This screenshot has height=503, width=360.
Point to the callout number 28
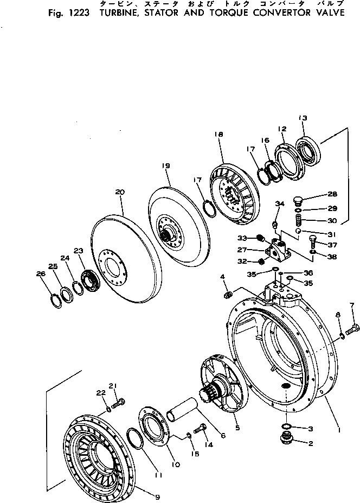(x=332, y=194)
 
